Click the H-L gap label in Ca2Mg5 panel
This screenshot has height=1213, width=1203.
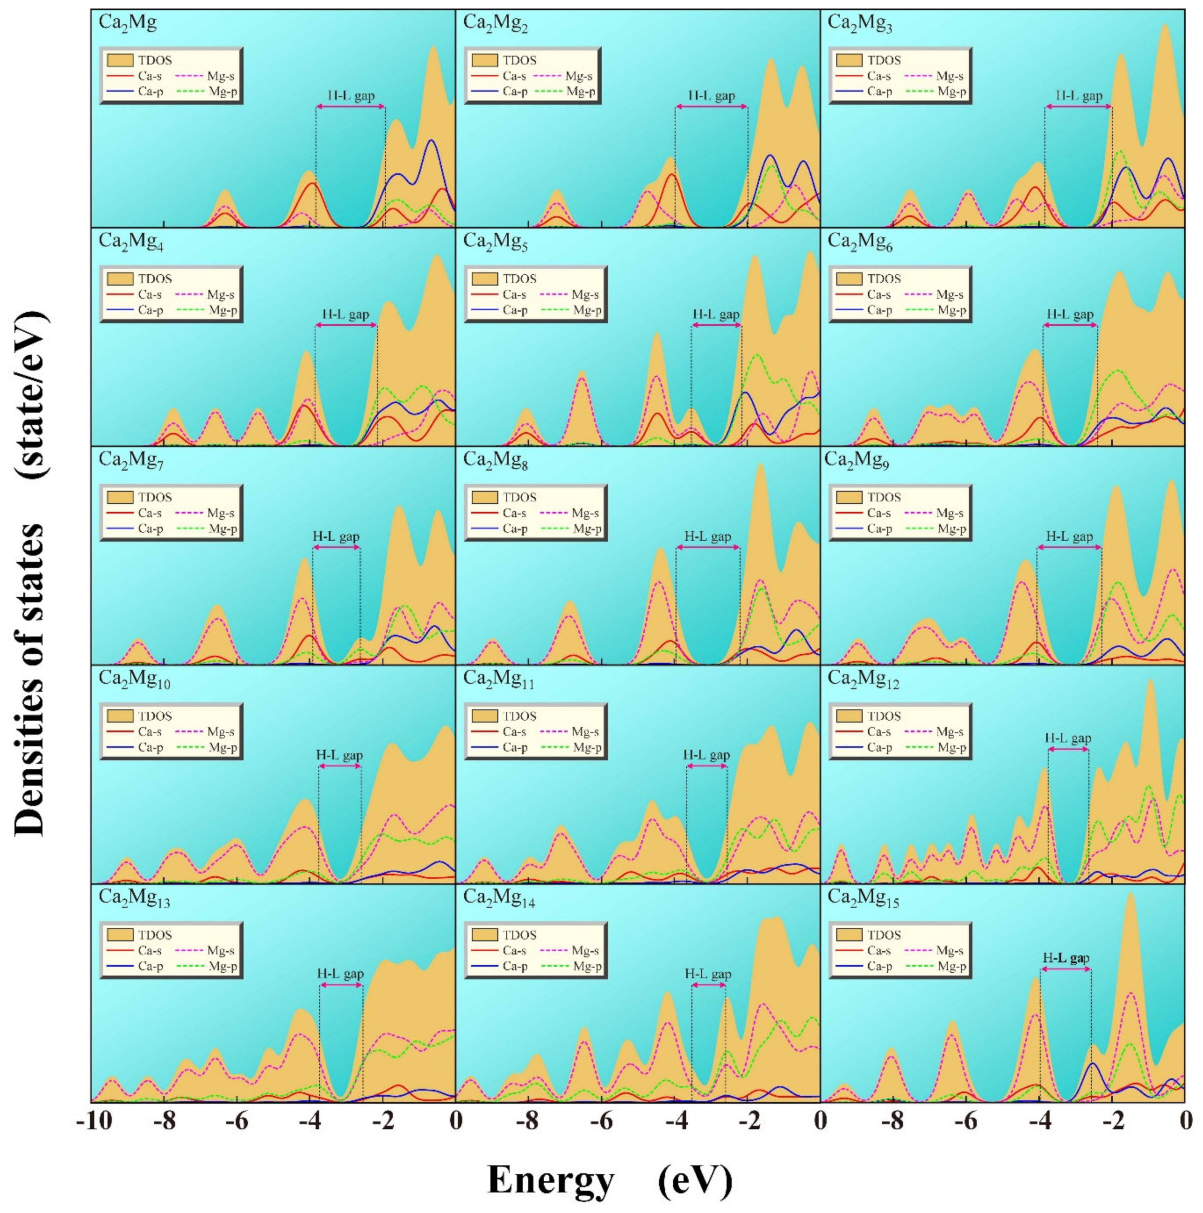(716, 314)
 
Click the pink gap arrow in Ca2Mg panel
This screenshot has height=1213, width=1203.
(350, 107)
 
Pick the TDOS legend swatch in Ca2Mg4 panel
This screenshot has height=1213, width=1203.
(120, 278)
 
